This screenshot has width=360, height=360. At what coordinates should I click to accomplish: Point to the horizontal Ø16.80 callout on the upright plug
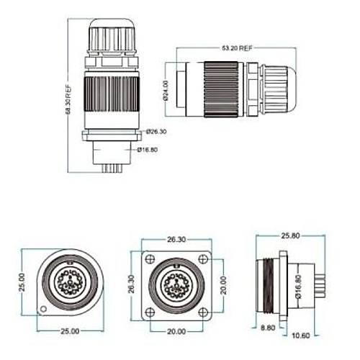148,150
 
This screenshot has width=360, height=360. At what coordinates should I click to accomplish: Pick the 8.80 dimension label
267,326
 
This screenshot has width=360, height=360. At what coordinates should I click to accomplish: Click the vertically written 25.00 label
22,282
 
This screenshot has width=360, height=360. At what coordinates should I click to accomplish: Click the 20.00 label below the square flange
176,332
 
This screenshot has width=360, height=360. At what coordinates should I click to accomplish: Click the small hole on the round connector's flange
43,310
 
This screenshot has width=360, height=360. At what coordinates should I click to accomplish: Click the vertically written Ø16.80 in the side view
297,288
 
